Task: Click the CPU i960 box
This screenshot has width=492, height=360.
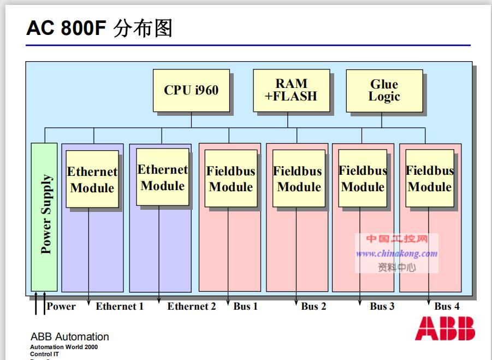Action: [191, 90]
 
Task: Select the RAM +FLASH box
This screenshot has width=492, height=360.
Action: [291, 90]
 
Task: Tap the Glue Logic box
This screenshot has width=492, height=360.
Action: [384, 91]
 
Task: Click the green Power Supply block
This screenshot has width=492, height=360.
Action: [44, 216]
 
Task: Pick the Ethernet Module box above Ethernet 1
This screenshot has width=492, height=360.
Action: [92, 179]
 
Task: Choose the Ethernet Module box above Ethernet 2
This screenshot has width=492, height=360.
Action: [162, 177]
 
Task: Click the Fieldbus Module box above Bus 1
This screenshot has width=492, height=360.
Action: [230, 179]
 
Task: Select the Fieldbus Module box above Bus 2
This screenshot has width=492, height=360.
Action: [298, 179]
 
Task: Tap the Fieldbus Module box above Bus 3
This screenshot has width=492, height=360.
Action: [364, 178]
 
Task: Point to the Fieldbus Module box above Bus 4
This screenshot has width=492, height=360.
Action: [430, 178]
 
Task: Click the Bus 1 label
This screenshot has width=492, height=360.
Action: [246, 306]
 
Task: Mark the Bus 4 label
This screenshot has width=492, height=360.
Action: [447, 306]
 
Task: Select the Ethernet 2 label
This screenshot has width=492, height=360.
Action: [192, 306]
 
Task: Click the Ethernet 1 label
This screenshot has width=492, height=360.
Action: [120, 306]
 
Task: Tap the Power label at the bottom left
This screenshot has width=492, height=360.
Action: [61, 306]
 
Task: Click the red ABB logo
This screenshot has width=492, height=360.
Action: [444, 328]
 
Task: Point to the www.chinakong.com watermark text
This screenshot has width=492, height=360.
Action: [397, 253]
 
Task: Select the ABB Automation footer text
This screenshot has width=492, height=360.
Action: [69, 337]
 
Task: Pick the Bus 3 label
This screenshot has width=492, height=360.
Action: [382, 306]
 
